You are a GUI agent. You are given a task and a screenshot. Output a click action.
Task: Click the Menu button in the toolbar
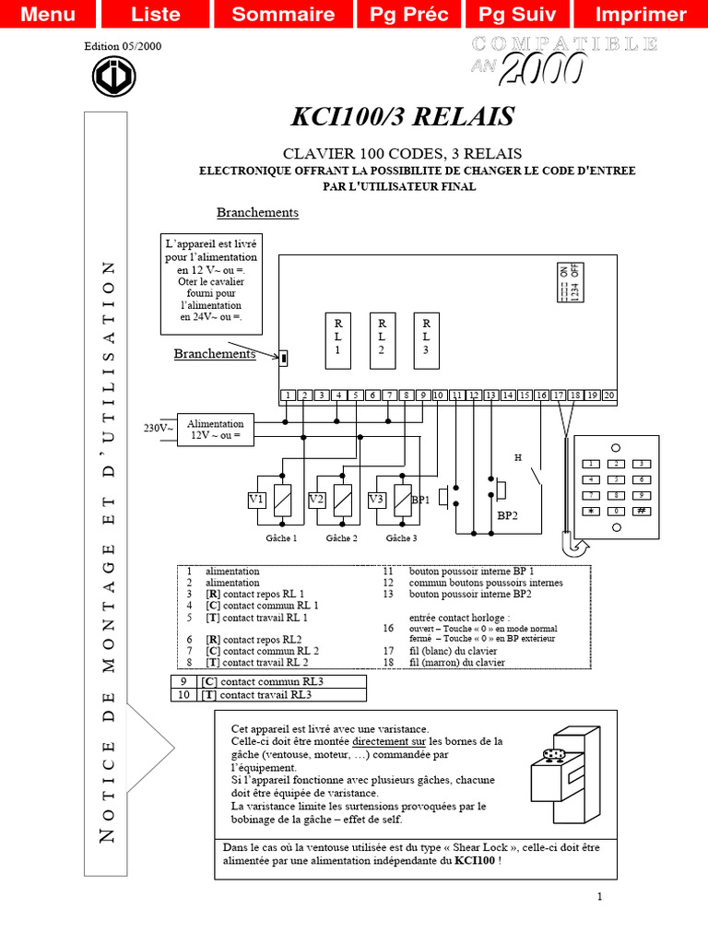click(x=48, y=14)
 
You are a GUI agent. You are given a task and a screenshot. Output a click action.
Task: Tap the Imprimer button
click(x=641, y=14)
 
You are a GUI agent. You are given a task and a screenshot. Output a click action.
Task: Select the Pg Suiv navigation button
click(x=524, y=14)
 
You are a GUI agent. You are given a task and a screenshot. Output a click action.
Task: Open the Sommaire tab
click(x=283, y=14)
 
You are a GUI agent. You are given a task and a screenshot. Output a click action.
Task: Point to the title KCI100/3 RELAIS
click(x=403, y=117)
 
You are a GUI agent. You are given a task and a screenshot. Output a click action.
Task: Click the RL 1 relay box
click(x=337, y=336)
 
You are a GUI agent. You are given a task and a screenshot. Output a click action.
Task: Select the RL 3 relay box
click(x=426, y=336)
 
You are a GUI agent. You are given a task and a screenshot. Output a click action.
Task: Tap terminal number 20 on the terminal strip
click(x=608, y=395)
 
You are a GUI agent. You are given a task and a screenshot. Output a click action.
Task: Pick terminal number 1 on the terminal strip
click(x=289, y=395)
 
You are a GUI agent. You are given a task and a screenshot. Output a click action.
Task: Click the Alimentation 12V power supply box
click(x=216, y=429)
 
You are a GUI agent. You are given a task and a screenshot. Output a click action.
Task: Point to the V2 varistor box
click(x=316, y=500)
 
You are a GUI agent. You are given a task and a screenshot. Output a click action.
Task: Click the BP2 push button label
click(x=508, y=516)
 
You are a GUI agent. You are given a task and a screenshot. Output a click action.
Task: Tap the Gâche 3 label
click(x=401, y=537)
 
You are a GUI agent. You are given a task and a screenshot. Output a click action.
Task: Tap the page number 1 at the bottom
click(x=599, y=896)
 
